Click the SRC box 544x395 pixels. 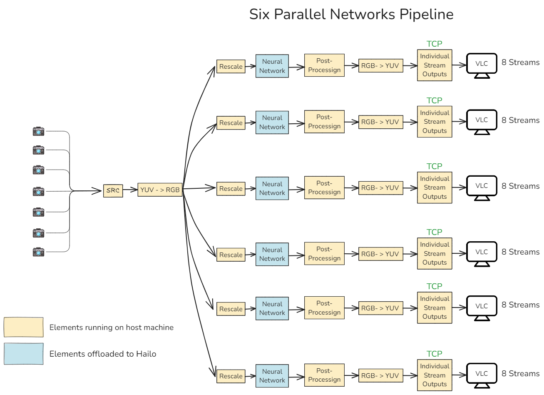click(113, 190)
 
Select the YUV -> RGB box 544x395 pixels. click(160, 190)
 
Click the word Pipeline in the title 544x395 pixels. click(426, 14)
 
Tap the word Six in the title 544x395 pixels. click(259, 14)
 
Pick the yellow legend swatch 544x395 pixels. click(24, 327)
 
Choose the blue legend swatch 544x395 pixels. click(24, 354)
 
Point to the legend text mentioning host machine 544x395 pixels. click(111, 327)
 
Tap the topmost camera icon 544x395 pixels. click(38, 131)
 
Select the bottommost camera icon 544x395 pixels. click(38, 252)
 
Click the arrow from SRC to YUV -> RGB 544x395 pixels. click(130, 190)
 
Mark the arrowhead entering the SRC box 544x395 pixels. click(100, 191)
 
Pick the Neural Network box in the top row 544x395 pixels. click(272, 66)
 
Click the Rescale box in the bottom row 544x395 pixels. click(231, 376)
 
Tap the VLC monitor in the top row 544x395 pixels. click(482, 65)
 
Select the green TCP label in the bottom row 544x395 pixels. click(434, 354)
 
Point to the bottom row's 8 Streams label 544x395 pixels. click(520, 374)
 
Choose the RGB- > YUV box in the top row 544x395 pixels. click(380, 65)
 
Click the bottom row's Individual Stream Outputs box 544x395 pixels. click(435, 375)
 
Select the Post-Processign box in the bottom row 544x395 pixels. click(324, 375)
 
